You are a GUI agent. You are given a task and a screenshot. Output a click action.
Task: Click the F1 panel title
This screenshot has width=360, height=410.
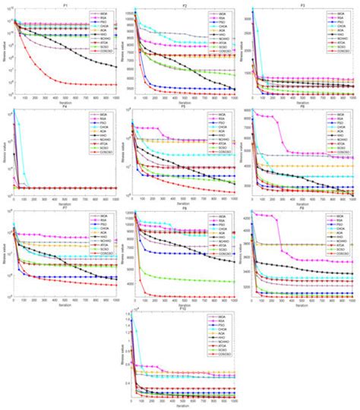pos(65,3)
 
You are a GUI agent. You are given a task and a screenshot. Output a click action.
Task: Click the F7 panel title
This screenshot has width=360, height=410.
pos(65,207)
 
